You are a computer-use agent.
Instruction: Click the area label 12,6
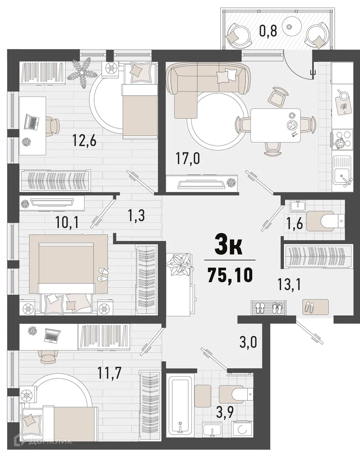[x=84, y=138]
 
